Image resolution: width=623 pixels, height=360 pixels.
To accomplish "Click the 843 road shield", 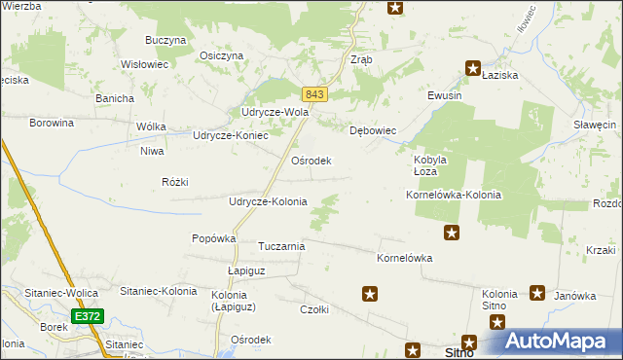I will [x=313, y=93].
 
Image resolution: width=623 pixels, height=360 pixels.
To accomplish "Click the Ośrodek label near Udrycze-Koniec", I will [x=311, y=161].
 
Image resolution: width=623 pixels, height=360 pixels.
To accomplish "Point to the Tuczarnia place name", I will [x=281, y=246].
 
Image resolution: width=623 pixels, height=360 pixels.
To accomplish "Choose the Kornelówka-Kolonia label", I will [x=453, y=195].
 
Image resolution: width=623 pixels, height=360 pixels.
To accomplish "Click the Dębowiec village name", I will [x=372, y=129].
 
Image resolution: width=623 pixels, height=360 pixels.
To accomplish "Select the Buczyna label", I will [x=165, y=40].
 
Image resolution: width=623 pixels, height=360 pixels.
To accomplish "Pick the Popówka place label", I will [x=214, y=238].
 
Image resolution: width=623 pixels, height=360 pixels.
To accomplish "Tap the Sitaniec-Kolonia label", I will [x=158, y=291].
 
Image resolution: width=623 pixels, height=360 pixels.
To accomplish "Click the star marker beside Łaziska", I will [x=473, y=68].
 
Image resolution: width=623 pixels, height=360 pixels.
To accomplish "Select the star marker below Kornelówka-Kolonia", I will [x=452, y=232].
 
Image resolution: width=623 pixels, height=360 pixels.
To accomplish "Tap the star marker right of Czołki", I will [x=370, y=293].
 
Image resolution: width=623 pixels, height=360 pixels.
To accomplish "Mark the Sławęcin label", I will [x=595, y=126].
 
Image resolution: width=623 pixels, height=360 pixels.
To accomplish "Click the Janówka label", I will [x=574, y=296].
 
